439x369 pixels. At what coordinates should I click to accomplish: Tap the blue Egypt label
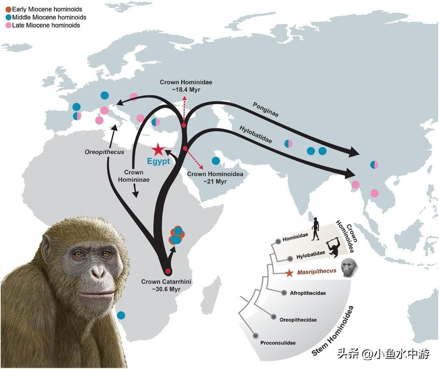159,161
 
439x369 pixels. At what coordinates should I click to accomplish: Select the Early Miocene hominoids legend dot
9,9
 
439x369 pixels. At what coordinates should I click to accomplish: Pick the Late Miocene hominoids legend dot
9,26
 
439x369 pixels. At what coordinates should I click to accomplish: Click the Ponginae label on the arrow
265,109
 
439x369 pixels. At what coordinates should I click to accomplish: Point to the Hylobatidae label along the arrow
256,134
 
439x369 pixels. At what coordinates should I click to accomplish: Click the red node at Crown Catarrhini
168,271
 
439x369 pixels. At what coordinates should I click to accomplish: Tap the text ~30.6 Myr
166,289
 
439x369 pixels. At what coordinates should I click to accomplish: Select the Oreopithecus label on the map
104,152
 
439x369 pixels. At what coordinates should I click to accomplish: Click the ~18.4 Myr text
186,90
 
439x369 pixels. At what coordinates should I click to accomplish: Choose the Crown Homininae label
134,176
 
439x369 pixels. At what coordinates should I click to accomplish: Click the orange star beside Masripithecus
289,273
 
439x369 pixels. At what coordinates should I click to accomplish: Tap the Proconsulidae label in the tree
278,343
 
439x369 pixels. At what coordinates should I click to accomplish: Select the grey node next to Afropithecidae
284,293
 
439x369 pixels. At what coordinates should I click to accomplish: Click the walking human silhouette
315,229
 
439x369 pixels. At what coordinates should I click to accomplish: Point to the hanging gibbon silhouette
334,246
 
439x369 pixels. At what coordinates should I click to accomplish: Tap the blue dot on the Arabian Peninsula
215,161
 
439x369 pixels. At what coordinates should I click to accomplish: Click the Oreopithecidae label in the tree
298,320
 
